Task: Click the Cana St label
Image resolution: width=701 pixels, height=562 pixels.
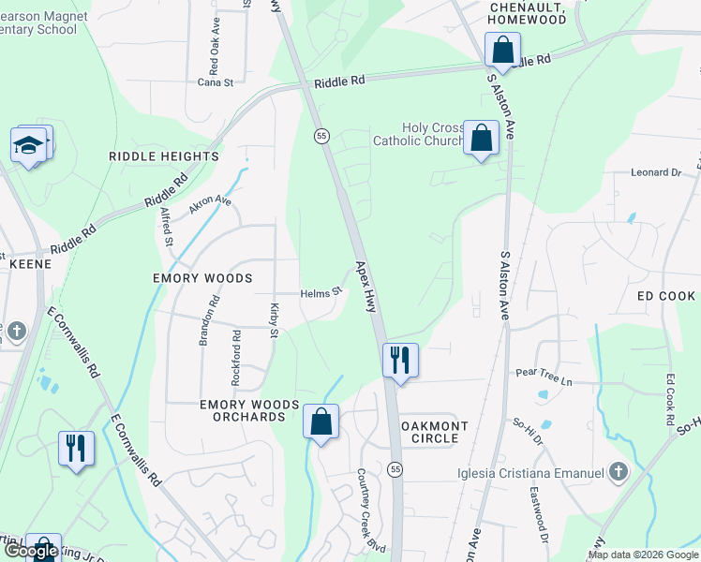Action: coord(215,81)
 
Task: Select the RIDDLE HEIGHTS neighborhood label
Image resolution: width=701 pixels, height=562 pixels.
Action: coord(163,156)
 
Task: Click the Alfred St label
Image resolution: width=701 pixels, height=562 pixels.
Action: coord(166,227)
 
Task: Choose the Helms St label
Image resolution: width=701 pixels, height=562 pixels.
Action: coord(321,293)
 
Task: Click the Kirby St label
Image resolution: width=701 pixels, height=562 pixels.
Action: coord(275,319)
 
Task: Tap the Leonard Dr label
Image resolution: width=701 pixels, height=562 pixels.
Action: coord(655,172)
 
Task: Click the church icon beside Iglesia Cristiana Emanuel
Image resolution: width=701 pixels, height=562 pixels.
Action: coord(618,472)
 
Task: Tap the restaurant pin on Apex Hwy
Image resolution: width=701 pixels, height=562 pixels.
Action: coord(400,360)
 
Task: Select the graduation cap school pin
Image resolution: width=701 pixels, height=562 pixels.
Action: coord(29,146)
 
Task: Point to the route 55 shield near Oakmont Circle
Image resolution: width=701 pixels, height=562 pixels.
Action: coord(395,468)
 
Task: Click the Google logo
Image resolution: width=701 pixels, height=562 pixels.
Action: coord(31,552)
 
